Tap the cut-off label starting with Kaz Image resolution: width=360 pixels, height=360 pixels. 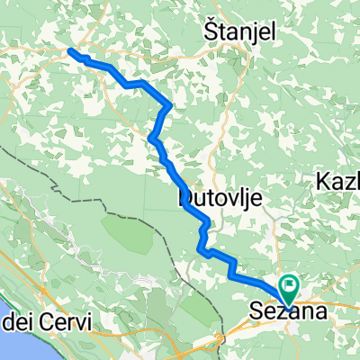338,182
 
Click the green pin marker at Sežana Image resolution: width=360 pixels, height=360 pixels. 290,290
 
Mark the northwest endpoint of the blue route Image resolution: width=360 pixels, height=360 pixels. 70,51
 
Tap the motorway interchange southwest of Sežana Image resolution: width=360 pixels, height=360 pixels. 219,339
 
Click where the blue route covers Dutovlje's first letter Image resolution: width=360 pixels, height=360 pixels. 185,193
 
